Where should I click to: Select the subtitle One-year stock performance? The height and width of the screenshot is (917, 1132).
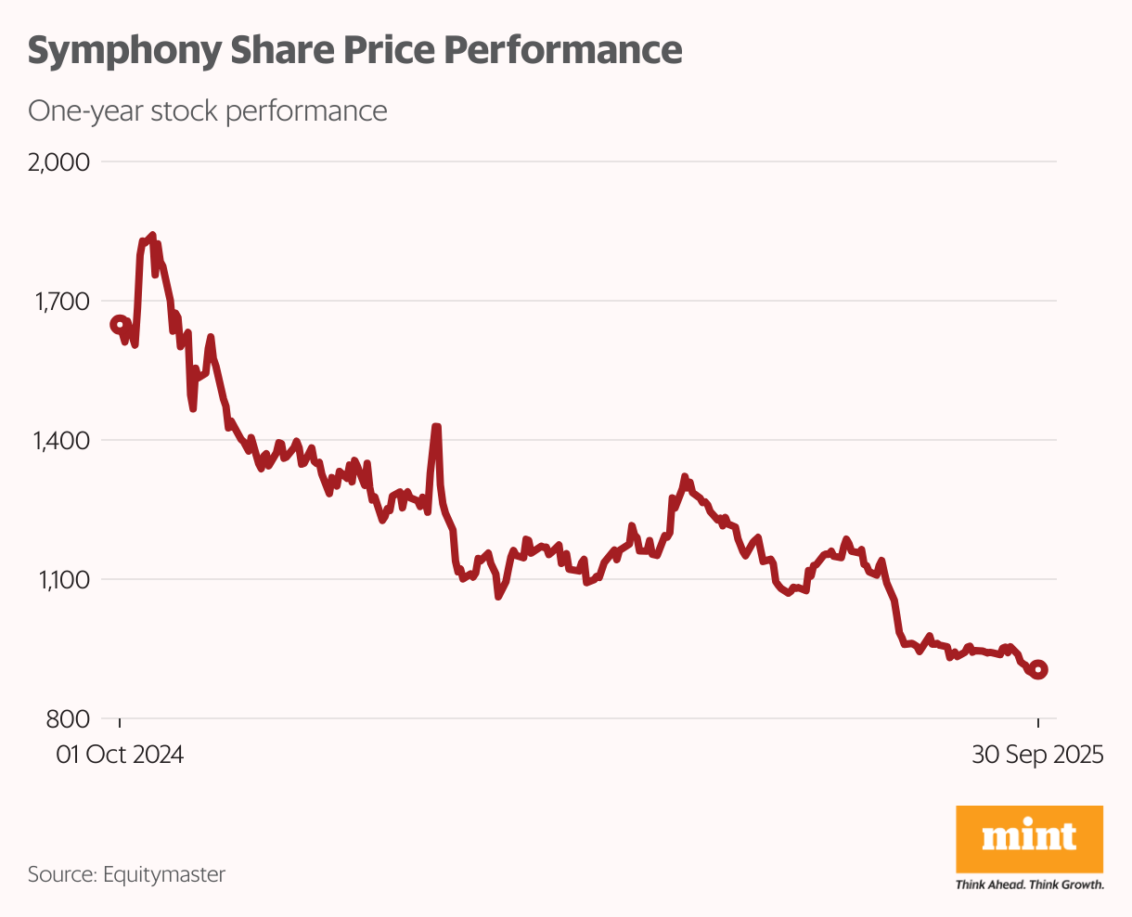[x=207, y=111]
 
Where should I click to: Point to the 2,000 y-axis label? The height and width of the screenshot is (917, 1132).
[x=59, y=162]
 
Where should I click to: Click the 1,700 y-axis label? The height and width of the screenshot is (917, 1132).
[x=61, y=302]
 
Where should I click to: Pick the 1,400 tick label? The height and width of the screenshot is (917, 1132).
[x=61, y=441]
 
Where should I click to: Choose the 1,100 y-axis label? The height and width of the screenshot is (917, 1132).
[x=61, y=580]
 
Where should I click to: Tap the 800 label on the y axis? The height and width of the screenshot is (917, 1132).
[x=69, y=719]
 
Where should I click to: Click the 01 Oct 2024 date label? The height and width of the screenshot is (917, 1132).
[x=120, y=755]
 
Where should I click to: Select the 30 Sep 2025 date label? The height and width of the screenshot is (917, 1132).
[x=1037, y=755]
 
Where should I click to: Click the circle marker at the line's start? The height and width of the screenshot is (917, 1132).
[x=119, y=324]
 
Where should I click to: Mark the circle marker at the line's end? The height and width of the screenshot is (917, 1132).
[x=1038, y=669]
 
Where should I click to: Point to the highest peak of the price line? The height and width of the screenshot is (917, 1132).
[x=152, y=236]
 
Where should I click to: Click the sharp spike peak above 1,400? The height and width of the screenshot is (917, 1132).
[x=436, y=427]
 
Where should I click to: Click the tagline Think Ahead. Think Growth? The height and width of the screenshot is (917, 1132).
[x=1029, y=885]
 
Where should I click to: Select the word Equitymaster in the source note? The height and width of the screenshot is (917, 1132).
[x=164, y=874]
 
